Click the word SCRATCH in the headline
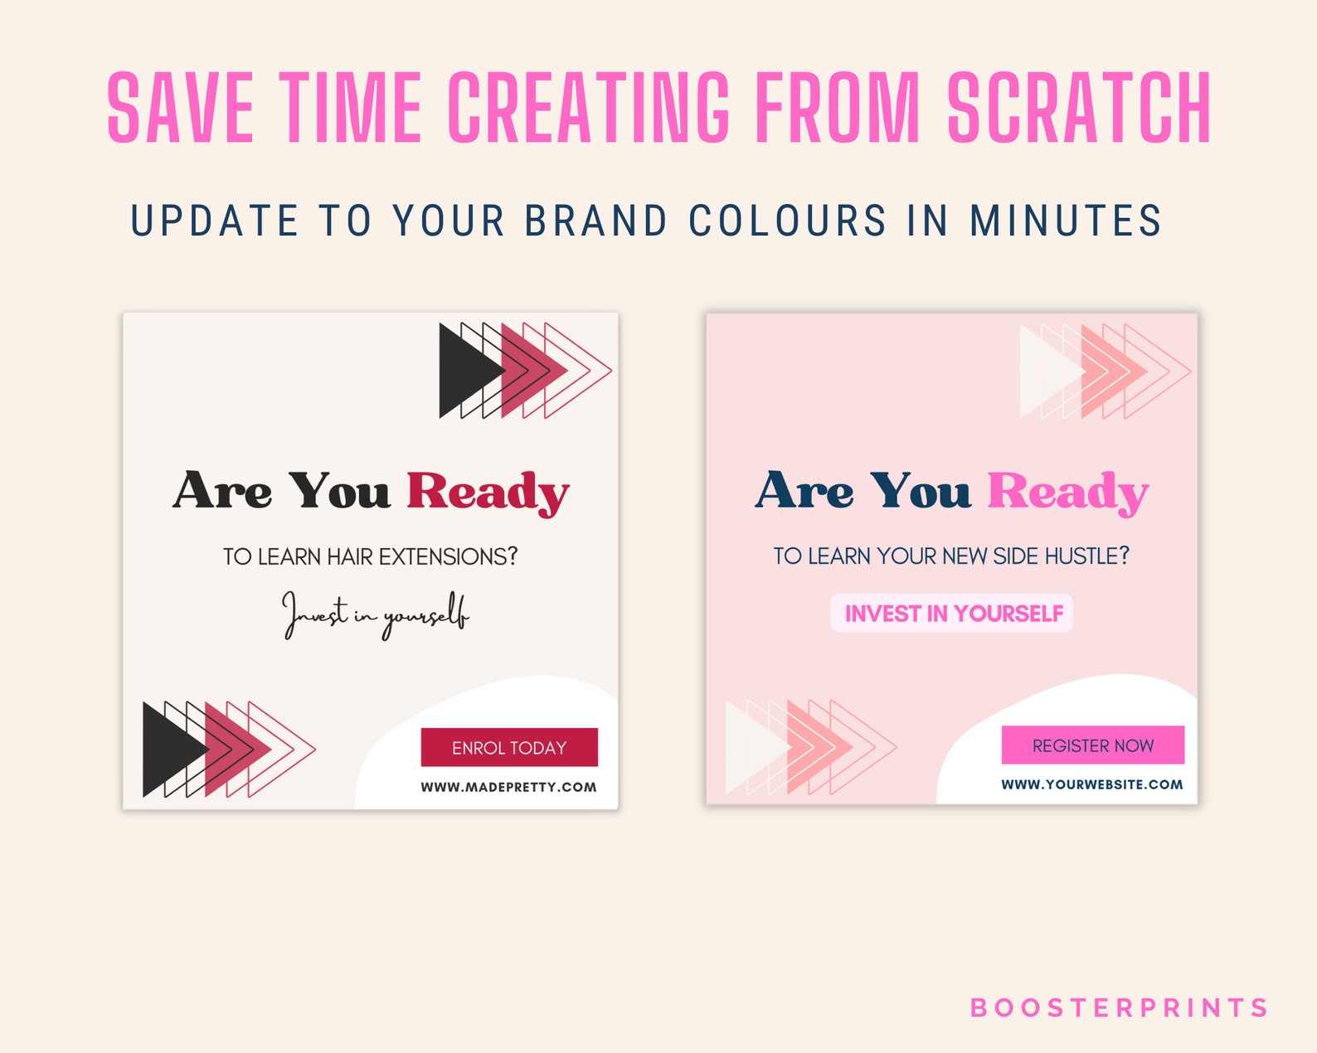point(1079,108)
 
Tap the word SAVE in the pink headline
point(181,108)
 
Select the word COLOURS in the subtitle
point(788,221)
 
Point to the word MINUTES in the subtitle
point(1066,221)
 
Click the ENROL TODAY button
point(509,747)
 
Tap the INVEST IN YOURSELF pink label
point(953,614)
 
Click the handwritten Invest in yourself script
point(376,615)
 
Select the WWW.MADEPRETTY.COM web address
point(508,787)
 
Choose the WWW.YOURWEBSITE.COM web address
point(1091,784)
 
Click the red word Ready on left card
point(488,492)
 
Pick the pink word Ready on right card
point(1067,492)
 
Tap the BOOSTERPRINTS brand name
point(1119,1007)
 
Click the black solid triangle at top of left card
point(464,371)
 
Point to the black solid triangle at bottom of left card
point(168,749)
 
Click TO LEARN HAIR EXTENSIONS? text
point(370,556)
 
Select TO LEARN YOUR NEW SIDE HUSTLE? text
point(951,556)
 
